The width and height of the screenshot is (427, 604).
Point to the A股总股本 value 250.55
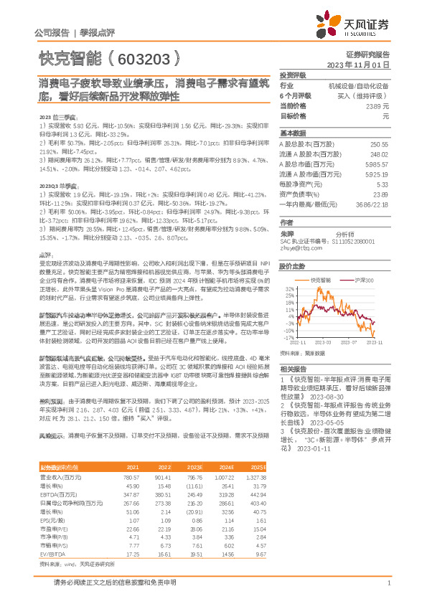point(378,143)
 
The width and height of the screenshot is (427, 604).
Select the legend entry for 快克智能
point(320,280)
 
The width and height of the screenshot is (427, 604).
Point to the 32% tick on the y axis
point(288,289)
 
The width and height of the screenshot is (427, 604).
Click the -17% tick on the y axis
point(287,336)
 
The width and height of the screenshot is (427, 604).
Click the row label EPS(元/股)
point(52,521)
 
